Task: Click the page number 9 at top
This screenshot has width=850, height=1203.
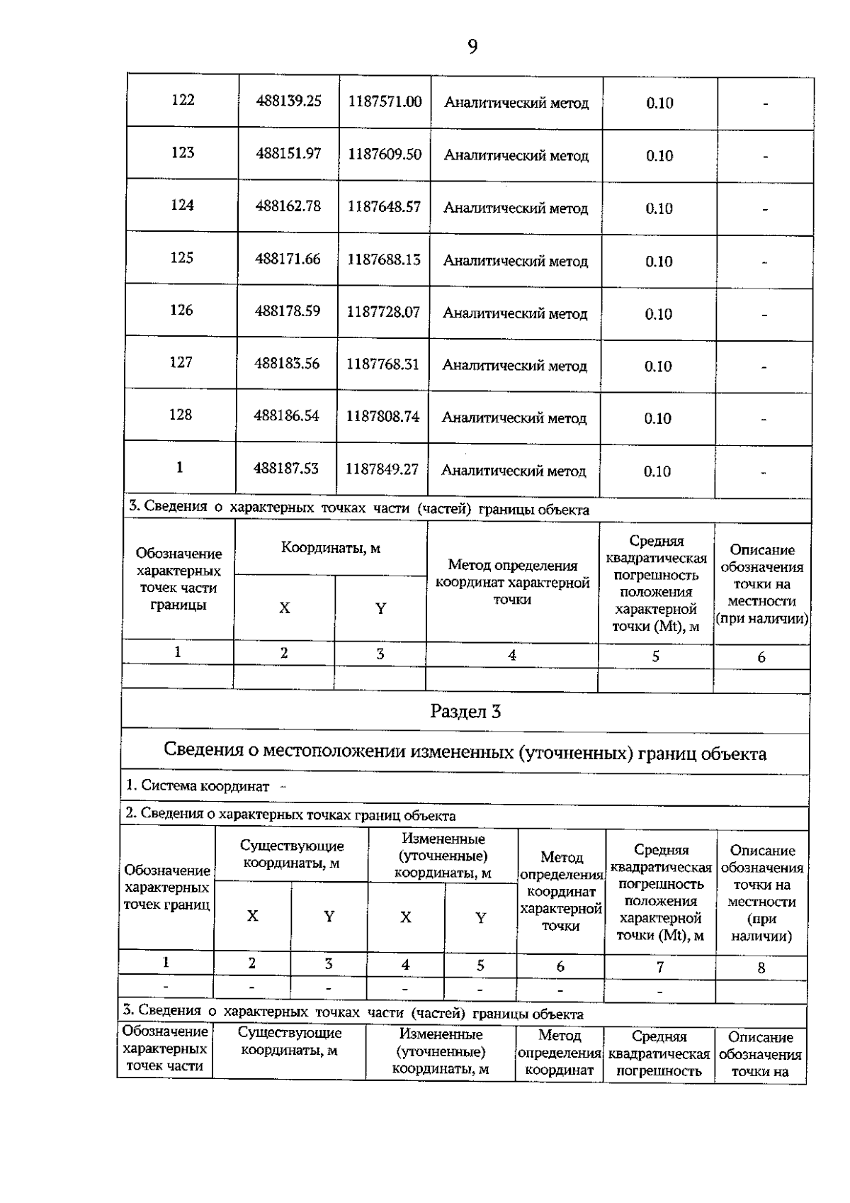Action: tap(472, 47)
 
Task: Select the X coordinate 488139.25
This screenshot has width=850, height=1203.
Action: tap(289, 101)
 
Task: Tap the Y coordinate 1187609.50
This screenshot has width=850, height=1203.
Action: tap(385, 154)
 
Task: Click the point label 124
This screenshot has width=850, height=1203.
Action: tap(182, 205)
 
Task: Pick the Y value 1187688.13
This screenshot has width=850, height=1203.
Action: tap(383, 259)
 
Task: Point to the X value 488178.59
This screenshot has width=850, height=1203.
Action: tap(288, 310)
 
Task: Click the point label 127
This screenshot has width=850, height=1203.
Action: tap(181, 362)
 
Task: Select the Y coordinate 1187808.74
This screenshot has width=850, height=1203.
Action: tap(382, 416)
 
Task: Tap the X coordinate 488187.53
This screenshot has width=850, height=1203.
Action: tap(286, 469)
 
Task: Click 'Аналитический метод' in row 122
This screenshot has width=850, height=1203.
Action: tap(516, 103)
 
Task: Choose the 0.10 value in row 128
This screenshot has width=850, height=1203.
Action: tap(657, 418)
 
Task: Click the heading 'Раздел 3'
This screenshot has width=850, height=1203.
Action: tap(465, 712)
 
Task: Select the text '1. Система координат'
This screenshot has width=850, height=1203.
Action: tap(198, 785)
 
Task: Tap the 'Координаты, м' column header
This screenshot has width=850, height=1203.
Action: tap(331, 548)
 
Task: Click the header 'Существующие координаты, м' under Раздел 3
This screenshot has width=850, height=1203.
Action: tap(292, 854)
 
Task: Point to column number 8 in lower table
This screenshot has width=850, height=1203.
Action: tap(761, 968)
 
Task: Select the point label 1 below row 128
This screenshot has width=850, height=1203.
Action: tap(179, 467)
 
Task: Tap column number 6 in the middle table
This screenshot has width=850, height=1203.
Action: tap(761, 657)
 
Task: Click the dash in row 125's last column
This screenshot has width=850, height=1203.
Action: tap(765, 262)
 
